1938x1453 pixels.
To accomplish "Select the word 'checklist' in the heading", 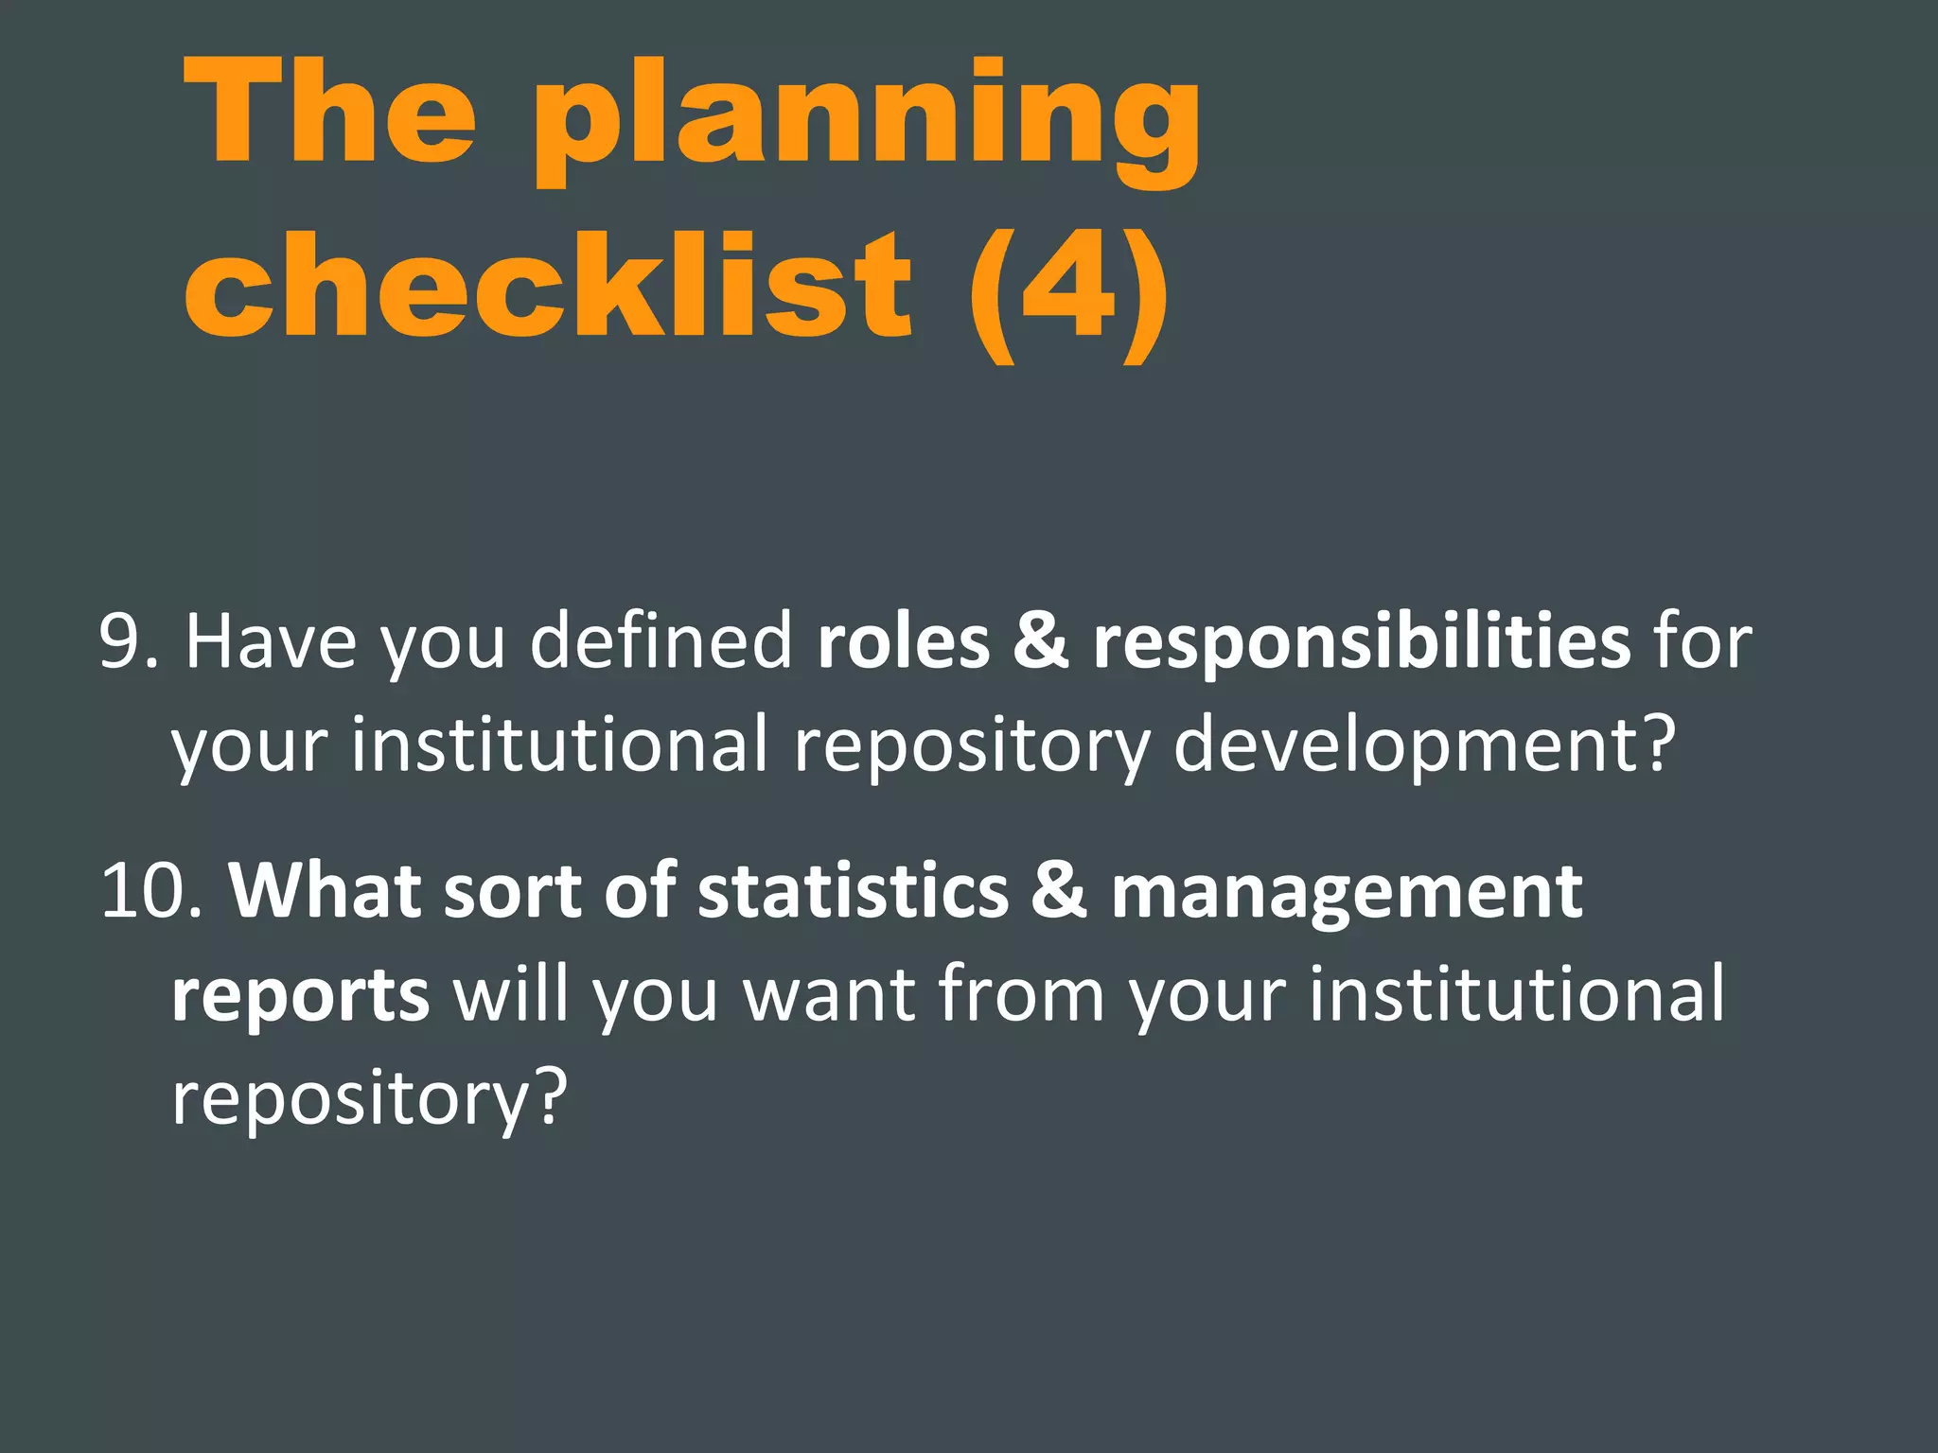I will coord(549,284).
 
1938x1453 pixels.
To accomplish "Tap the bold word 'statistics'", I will coord(853,892).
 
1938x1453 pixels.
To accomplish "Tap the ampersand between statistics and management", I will coord(1059,892).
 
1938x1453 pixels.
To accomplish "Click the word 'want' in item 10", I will coord(829,996).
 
